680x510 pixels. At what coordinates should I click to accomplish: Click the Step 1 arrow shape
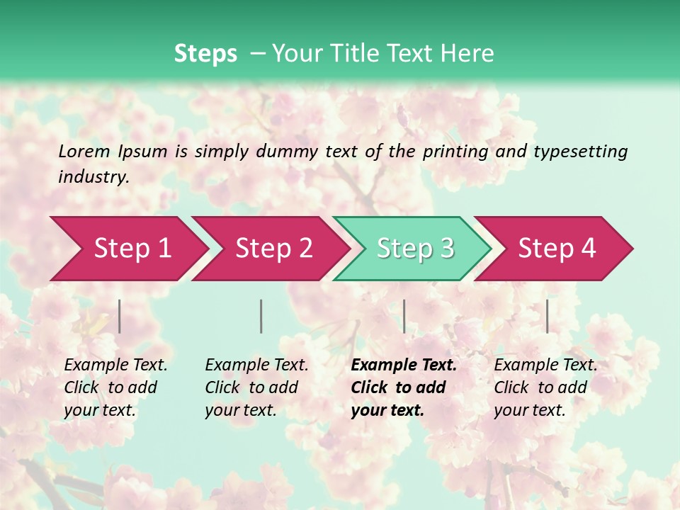tap(132, 249)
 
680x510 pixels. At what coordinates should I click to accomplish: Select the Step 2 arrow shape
tap(273, 249)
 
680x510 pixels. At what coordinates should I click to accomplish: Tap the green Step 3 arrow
tap(415, 249)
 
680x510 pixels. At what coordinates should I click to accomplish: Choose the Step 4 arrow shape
tap(557, 249)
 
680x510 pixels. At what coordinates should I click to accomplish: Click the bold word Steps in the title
tap(205, 54)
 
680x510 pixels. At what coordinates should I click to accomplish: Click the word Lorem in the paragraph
tap(84, 151)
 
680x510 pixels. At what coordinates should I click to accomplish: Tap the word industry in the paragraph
tap(93, 177)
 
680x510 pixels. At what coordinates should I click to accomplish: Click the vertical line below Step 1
tap(120, 316)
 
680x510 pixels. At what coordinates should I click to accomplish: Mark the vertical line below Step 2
tap(261, 316)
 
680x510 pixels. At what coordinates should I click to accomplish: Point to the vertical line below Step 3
tap(404, 316)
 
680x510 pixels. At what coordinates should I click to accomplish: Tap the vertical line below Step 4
tap(547, 316)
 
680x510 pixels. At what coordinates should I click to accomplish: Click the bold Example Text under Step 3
tap(404, 365)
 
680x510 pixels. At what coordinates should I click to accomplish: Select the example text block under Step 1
tap(115, 387)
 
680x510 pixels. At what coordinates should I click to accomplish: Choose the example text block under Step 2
tap(256, 387)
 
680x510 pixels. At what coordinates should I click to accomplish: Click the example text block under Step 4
tap(545, 387)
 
